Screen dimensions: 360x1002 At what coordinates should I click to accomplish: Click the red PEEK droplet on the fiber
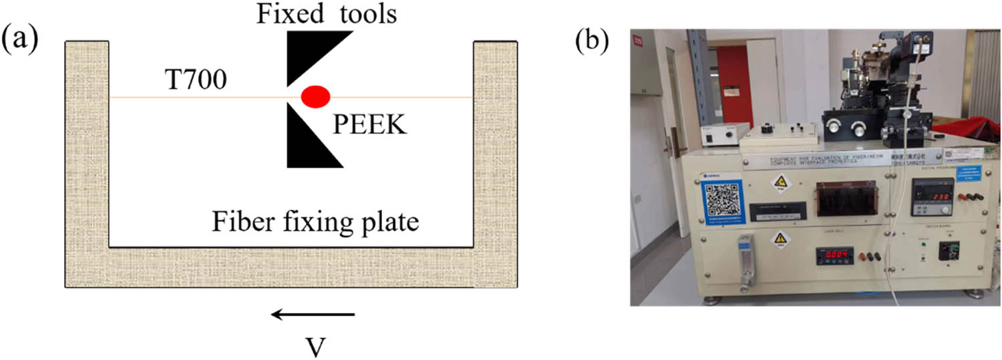pos(315,97)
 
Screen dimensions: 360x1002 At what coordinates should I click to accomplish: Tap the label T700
pos(195,81)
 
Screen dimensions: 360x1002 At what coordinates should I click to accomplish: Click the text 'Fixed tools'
pos(327,14)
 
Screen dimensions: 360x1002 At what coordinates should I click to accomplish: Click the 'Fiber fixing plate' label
pos(315,221)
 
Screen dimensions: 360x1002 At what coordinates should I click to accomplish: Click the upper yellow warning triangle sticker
pos(780,182)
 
